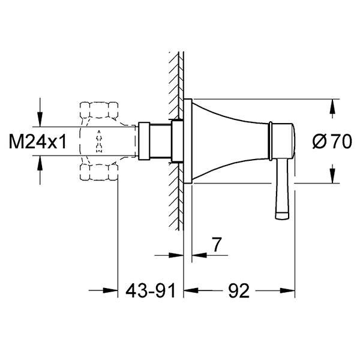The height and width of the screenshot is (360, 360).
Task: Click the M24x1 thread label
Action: pos(38,142)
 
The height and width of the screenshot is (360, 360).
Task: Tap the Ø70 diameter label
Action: pos(332,142)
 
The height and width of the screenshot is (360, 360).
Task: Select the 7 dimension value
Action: pos(217,245)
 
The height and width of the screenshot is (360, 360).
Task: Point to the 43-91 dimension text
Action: pos(151,290)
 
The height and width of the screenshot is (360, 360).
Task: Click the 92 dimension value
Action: pos(239,290)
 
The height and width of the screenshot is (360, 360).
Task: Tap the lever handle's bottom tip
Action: pos(282,217)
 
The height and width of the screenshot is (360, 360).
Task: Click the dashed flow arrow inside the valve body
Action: pos(99,141)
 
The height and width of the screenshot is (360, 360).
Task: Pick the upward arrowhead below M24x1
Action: pos(40,163)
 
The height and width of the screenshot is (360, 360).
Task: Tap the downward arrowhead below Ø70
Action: pos(332,176)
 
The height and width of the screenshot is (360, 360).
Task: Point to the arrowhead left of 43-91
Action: pos(110,290)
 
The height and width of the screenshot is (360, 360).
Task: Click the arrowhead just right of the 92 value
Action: pos(287,290)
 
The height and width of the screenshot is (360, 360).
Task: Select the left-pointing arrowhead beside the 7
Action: pos(199,255)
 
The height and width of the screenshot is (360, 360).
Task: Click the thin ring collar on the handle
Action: pos(271,141)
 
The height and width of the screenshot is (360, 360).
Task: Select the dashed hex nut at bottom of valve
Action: pos(99,172)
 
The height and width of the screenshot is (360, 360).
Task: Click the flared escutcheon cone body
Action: pos(230,141)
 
